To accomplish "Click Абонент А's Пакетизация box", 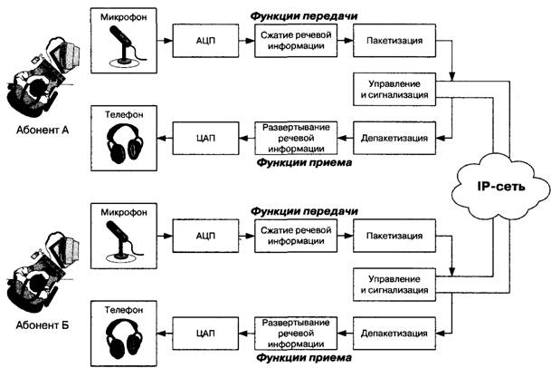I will pyautogui.click(x=395, y=42).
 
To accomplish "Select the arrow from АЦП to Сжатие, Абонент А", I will pyautogui.click(x=241, y=42).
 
